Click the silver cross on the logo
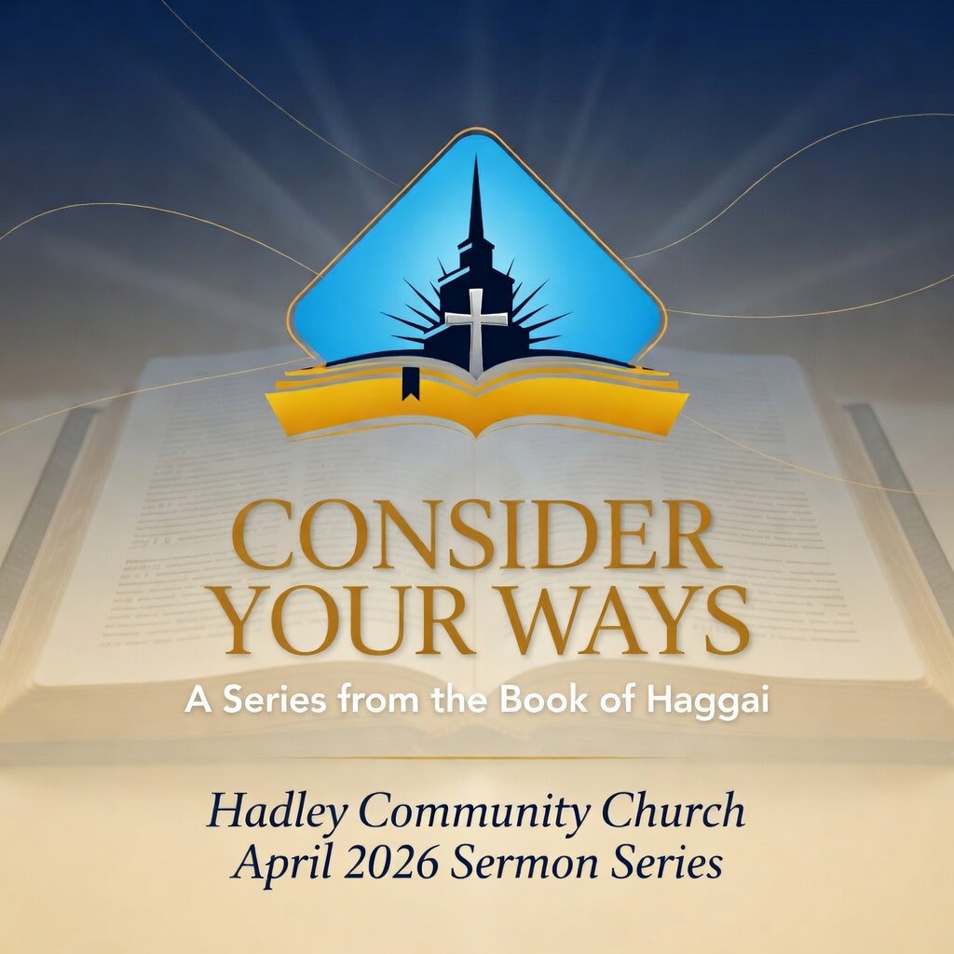pyautogui.click(x=476, y=329)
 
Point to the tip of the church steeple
pyautogui.click(x=476, y=160)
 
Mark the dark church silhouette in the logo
pyautogui.click(x=476, y=279)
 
